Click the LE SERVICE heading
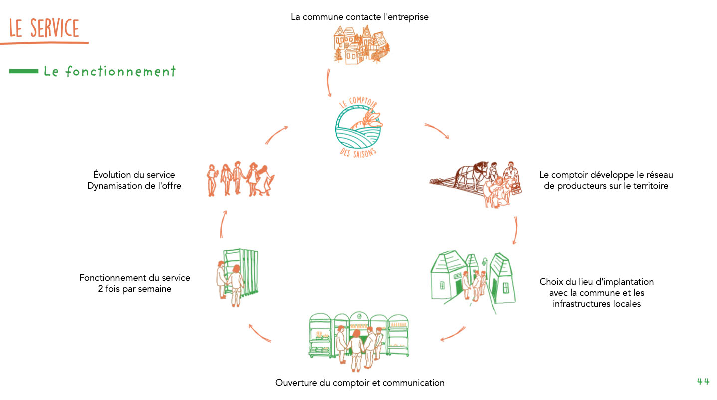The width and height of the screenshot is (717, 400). pyautogui.click(x=44, y=28)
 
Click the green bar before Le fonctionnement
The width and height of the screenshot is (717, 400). pyautogui.click(x=23, y=72)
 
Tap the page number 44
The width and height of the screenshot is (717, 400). pyautogui.click(x=703, y=382)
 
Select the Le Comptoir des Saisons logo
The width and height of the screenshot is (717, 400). pyautogui.click(x=358, y=128)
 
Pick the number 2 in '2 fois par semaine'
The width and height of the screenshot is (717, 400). pyautogui.click(x=101, y=289)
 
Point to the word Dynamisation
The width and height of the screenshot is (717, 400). pyautogui.click(x=114, y=186)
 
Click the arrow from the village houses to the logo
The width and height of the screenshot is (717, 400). pyautogui.click(x=329, y=82)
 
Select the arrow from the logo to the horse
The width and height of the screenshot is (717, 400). pyautogui.click(x=437, y=131)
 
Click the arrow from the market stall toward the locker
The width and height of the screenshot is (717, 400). pyautogui.click(x=259, y=334)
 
